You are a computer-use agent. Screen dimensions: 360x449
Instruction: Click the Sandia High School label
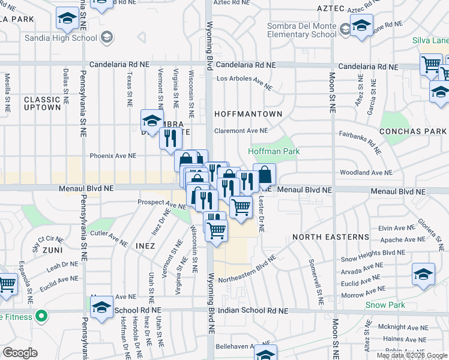(x=61, y=38)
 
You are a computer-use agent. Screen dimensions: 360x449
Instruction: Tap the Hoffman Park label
(x=274, y=152)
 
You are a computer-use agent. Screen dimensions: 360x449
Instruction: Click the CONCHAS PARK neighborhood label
(x=414, y=131)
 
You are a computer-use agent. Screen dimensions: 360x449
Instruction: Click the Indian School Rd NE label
(x=253, y=311)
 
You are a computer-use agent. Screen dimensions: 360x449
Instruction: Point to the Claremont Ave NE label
(x=241, y=130)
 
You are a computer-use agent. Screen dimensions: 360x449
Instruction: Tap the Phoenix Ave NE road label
(x=113, y=155)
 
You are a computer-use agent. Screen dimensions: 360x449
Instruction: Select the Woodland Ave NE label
(x=366, y=172)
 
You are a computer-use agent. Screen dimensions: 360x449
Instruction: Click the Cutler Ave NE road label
(x=107, y=238)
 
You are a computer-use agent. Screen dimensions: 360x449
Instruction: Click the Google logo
(x=20, y=353)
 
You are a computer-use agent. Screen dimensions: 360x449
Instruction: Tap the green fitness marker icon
(x=41, y=315)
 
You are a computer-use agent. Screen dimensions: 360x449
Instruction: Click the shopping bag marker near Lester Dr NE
(x=264, y=175)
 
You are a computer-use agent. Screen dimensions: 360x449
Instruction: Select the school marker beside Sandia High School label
(x=107, y=38)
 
